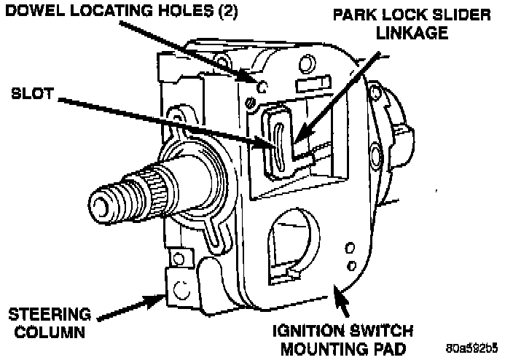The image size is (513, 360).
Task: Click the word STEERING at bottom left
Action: (x=49, y=315)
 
